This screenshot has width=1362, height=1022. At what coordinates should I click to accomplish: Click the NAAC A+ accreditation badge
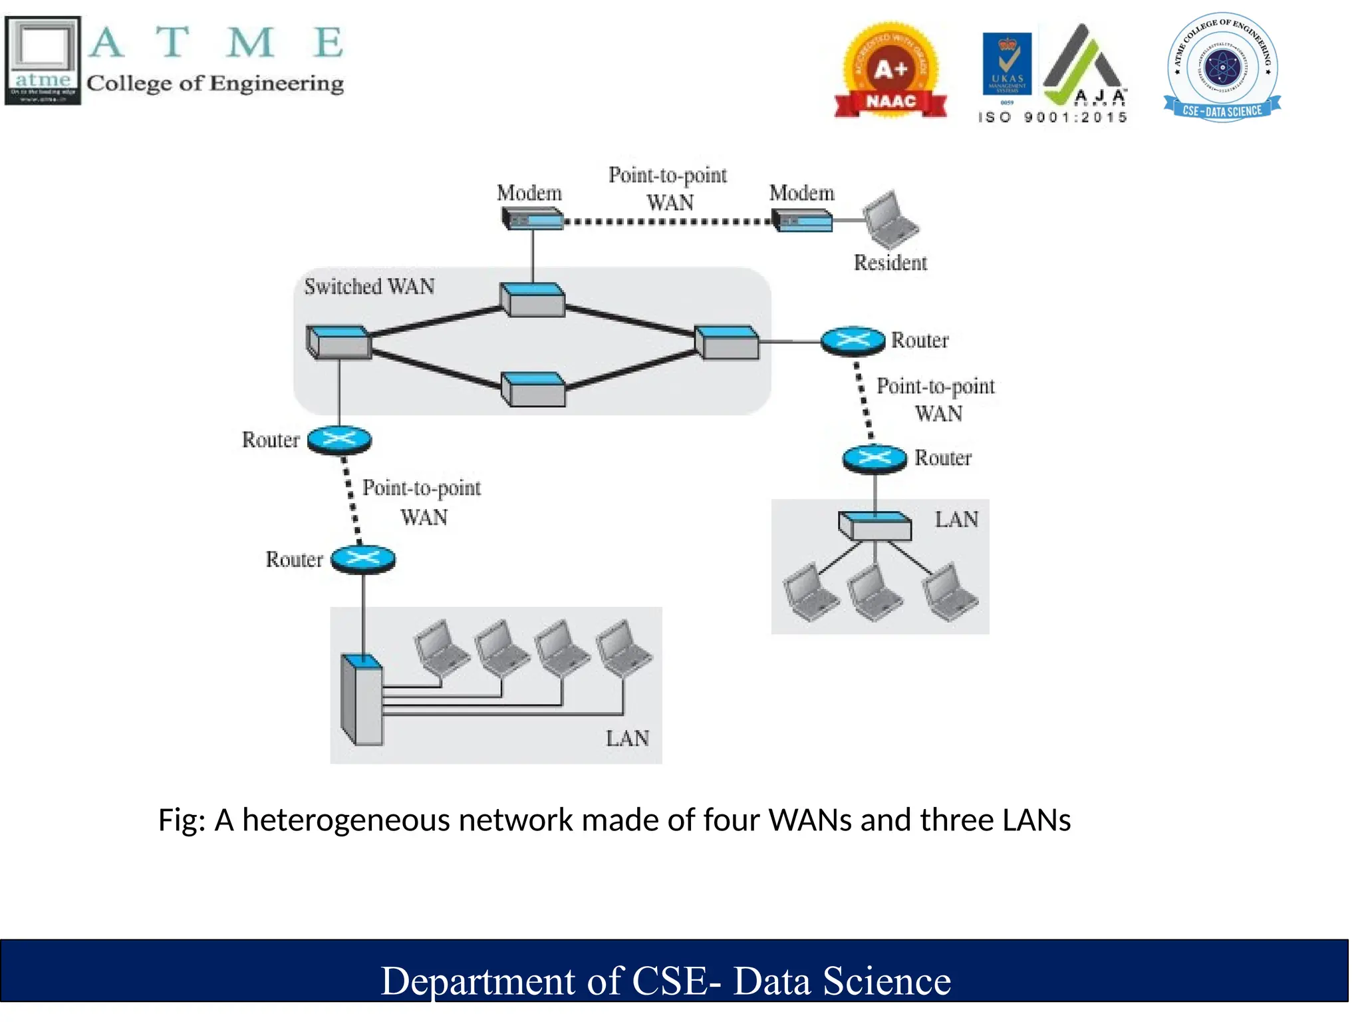tap(890, 71)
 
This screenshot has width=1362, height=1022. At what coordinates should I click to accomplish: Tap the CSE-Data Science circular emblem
tap(1222, 67)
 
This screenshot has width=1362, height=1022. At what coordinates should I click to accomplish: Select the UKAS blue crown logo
tap(1007, 64)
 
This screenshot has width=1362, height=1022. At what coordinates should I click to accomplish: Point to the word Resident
tap(890, 263)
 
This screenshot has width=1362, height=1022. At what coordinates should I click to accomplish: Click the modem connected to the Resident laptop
tap(802, 220)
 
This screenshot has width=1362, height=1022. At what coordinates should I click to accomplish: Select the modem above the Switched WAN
tap(532, 218)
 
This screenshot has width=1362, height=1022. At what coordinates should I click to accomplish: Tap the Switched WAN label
tap(369, 287)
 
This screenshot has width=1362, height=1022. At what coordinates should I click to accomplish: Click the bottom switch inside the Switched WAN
tap(533, 389)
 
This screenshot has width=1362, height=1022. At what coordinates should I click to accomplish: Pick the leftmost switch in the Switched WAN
tap(339, 342)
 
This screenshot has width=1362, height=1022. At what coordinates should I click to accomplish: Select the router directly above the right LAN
tap(875, 458)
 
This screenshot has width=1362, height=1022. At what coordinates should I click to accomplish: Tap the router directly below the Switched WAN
tap(339, 440)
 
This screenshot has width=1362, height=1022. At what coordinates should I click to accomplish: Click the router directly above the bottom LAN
tap(363, 560)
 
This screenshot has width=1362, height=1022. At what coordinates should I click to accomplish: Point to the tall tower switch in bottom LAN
tap(362, 699)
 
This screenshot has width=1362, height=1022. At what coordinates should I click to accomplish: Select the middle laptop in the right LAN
tap(874, 592)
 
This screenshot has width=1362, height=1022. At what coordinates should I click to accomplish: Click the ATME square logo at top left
tap(43, 61)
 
